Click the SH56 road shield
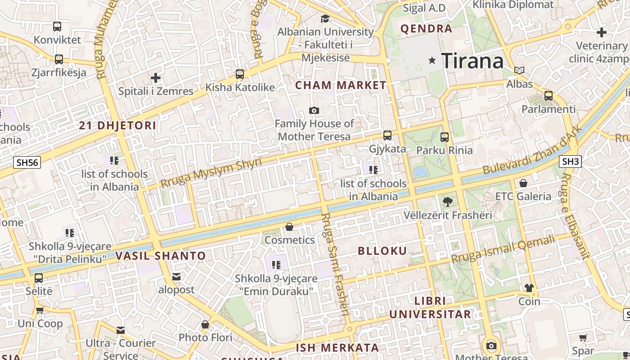(x=27, y=162)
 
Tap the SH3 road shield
(x=571, y=162)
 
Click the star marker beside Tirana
(x=432, y=60)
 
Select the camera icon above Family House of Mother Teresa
(x=314, y=110)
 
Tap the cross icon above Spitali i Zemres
(x=156, y=78)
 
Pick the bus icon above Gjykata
(x=387, y=135)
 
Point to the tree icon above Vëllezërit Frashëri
(x=447, y=202)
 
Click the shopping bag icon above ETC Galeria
(x=523, y=183)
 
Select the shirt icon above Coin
(x=529, y=288)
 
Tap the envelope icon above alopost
(x=176, y=276)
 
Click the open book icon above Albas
(x=519, y=71)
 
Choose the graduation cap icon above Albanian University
(x=325, y=18)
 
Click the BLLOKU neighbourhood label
(x=382, y=251)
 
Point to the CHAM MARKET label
(x=341, y=85)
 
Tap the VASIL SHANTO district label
(x=161, y=256)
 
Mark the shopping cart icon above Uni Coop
(x=40, y=310)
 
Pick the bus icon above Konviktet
(x=57, y=27)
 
